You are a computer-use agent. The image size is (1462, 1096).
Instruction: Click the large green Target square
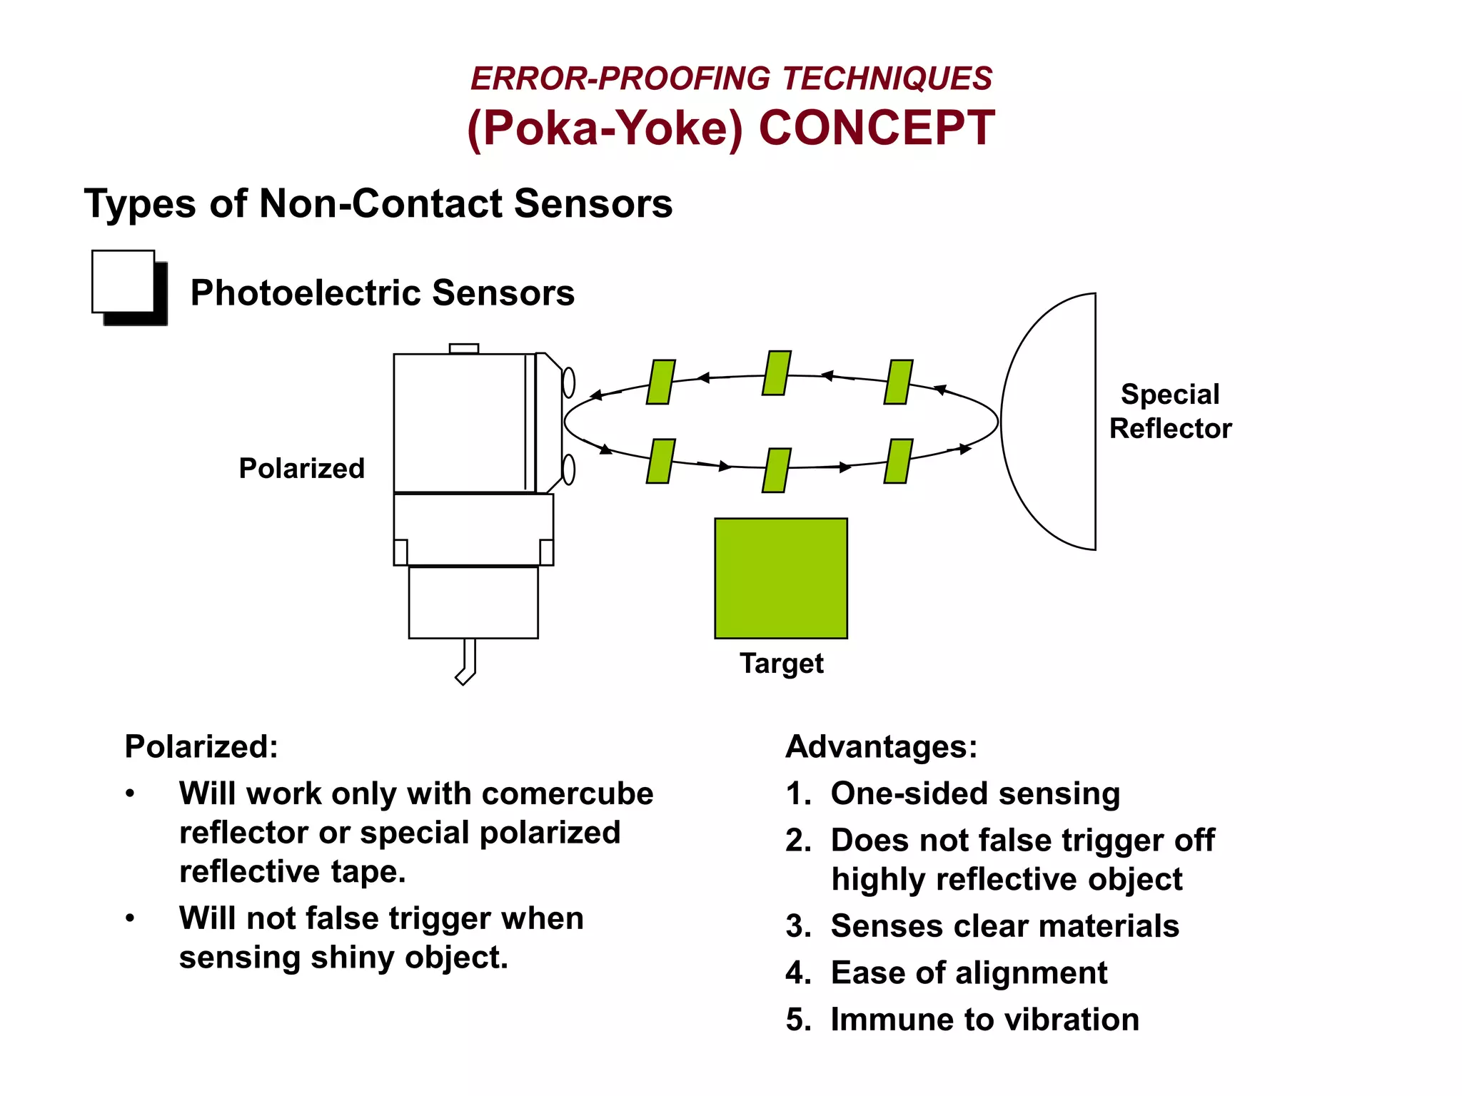(781, 578)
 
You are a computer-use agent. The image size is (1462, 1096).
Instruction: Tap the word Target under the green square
(781, 664)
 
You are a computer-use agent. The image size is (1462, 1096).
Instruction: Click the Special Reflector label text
(1170, 411)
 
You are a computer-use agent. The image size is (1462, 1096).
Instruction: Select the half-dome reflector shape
(1049, 421)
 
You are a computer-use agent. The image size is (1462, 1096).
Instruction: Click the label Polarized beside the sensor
(301, 469)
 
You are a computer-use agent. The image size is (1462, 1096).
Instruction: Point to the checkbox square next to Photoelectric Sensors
(124, 282)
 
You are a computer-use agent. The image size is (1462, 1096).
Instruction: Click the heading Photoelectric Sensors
(382, 293)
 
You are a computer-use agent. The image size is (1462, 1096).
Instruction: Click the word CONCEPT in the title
(877, 128)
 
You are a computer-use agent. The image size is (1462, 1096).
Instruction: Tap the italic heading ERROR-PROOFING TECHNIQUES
(731, 78)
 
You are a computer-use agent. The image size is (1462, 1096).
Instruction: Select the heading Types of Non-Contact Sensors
(378, 204)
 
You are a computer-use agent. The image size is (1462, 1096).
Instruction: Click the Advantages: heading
(881, 747)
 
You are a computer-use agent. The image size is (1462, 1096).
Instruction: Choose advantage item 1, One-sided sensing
(974, 793)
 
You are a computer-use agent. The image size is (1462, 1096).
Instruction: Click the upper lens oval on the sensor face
(569, 382)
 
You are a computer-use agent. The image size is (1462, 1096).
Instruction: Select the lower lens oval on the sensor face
(569, 470)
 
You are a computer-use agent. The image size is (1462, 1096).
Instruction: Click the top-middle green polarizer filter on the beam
(777, 373)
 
